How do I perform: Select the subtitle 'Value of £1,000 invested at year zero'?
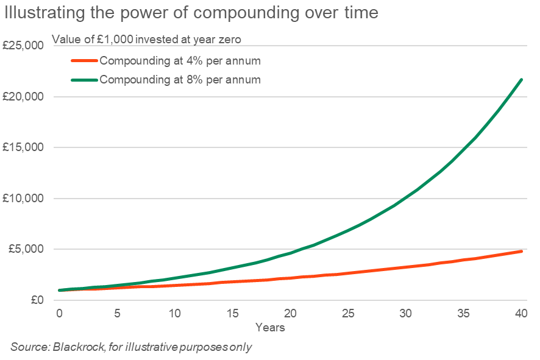pyautogui.click(x=146, y=40)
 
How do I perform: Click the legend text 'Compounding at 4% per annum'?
pyautogui.click(x=180, y=61)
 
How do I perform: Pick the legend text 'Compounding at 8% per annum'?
pyautogui.click(x=180, y=79)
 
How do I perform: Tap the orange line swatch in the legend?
pyautogui.click(x=84, y=61)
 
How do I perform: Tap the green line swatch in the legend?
pyautogui.click(x=84, y=79)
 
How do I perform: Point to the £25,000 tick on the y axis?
pyautogui.click(x=23, y=46)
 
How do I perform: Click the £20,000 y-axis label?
pyautogui.click(x=23, y=97)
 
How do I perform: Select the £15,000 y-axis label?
pyautogui.click(x=23, y=147)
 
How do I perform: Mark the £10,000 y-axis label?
pyautogui.click(x=23, y=199)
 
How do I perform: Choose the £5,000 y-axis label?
pyautogui.click(x=26, y=249)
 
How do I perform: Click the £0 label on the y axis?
pyautogui.click(x=35, y=300)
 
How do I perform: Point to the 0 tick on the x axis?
pyautogui.click(x=59, y=314)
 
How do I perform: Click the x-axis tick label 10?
pyautogui.click(x=174, y=314)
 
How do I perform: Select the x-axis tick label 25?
pyautogui.click(x=347, y=314)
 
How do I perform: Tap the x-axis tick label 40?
pyautogui.click(x=520, y=314)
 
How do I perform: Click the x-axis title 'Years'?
pyautogui.click(x=270, y=328)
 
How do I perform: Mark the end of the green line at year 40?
pyautogui.click(x=521, y=79)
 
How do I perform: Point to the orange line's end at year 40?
pyautogui.click(x=521, y=251)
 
